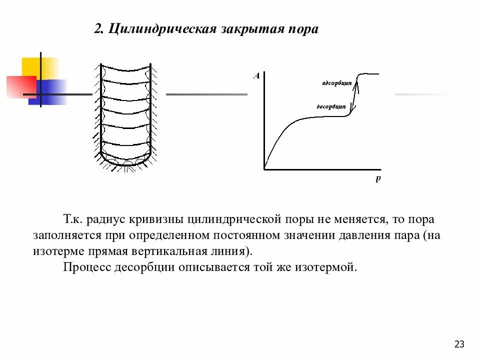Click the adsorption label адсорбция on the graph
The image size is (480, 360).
(x=337, y=83)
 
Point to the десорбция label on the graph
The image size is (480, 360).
(x=331, y=106)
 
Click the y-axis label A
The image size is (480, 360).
(x=256, y=76)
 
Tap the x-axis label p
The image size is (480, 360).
(x=378, y=179)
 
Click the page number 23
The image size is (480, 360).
(x=459, y=344)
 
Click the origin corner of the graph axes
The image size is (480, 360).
(x=264, y=170)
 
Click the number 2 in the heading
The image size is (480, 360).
(x=97, y=29)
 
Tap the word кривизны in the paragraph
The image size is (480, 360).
(x=156, y=220)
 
